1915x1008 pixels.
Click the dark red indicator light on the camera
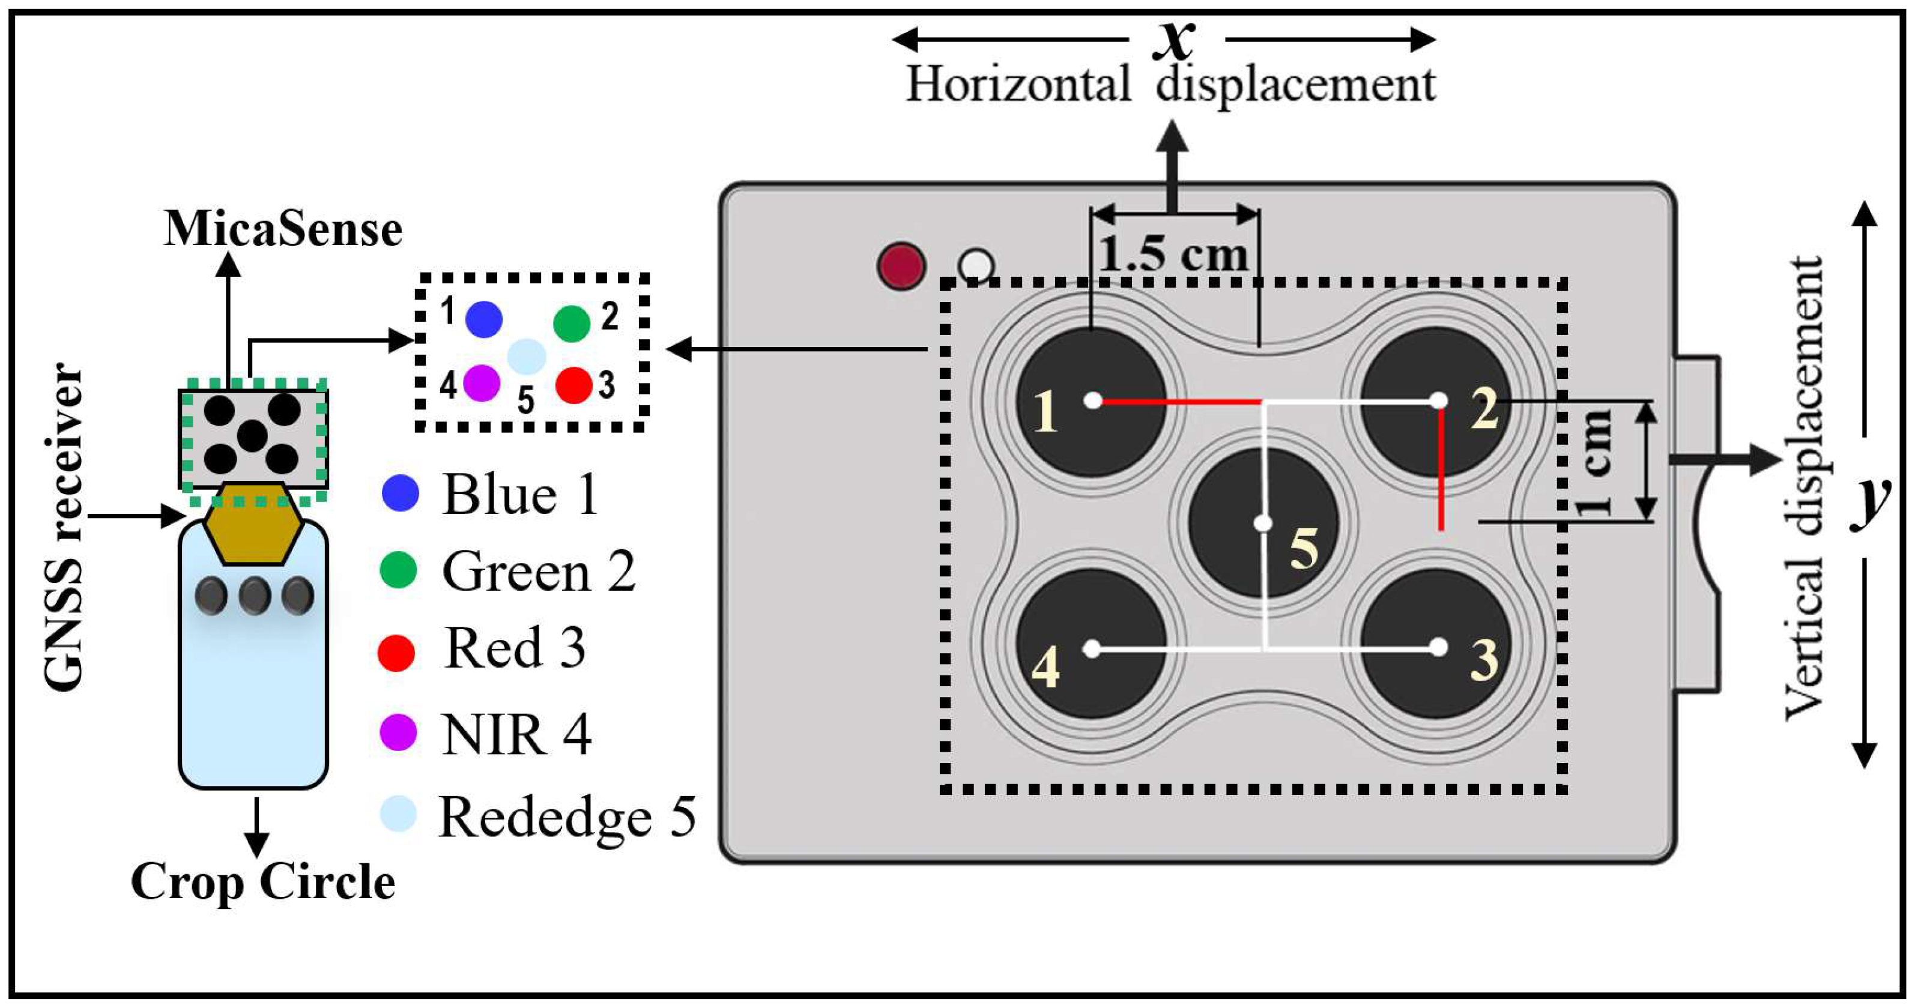[901, 265]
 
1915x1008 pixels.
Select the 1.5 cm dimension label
[1174, 254]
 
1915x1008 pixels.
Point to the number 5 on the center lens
[1304, 549]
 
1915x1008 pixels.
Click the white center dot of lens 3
[1438, 647]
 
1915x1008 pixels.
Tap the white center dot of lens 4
[1091, 649]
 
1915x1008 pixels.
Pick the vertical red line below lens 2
[1441, 468]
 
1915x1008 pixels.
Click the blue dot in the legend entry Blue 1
[401, 493]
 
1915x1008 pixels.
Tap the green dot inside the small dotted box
[572, 324]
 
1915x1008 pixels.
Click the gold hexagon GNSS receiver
[253, 524]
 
